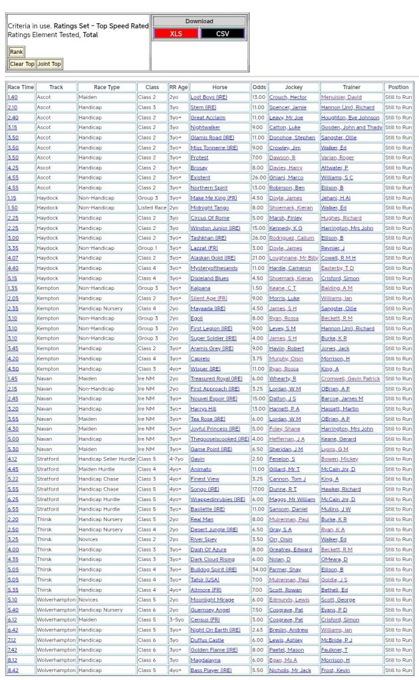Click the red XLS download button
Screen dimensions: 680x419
pos(176,33)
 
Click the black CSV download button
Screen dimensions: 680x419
pos(223,33)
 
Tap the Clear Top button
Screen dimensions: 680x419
pos(22,64)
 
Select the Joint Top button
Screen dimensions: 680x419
pos(49,64)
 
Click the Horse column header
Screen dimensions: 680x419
pos(219,87)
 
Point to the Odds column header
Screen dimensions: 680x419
pos(259,87)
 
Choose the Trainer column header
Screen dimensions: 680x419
pos(351,87)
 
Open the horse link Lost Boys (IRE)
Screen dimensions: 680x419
pos(208,97)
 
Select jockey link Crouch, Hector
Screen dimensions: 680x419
pos(287,97)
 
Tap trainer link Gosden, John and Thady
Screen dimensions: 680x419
pos(351,127)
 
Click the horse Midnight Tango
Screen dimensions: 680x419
pos(209,207)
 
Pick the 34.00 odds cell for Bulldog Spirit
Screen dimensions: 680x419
pos(259,569)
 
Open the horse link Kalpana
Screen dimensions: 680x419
pos(200,288)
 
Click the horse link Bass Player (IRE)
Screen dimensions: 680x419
pos(211,670)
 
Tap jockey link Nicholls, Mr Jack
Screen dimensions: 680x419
pos(290,670)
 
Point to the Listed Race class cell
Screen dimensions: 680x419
pos(152,207)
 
